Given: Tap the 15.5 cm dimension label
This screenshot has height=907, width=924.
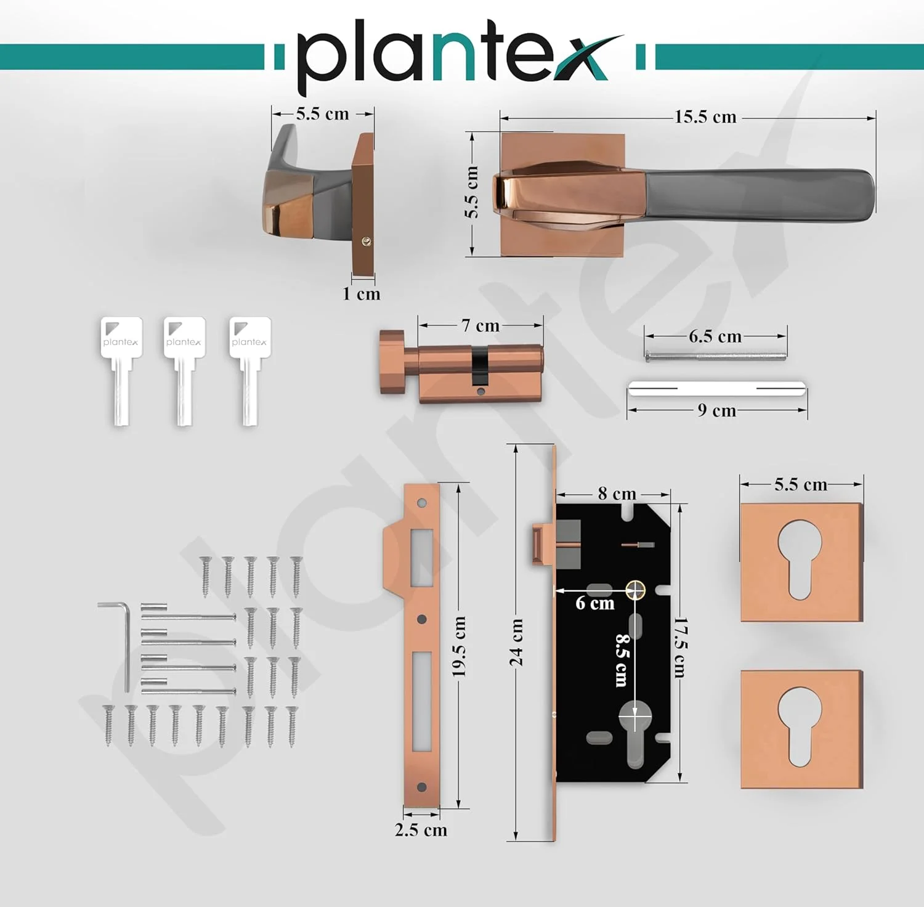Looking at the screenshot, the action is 705,116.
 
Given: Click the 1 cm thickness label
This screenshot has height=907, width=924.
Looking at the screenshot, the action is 361,293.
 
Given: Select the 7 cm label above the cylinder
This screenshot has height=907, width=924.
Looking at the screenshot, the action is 480,325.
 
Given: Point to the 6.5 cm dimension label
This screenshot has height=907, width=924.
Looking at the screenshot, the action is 715,336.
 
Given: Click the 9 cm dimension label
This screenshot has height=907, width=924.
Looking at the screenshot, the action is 717,410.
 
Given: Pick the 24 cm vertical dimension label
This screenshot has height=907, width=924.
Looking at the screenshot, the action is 516,643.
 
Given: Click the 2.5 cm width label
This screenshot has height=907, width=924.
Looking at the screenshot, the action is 421,829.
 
